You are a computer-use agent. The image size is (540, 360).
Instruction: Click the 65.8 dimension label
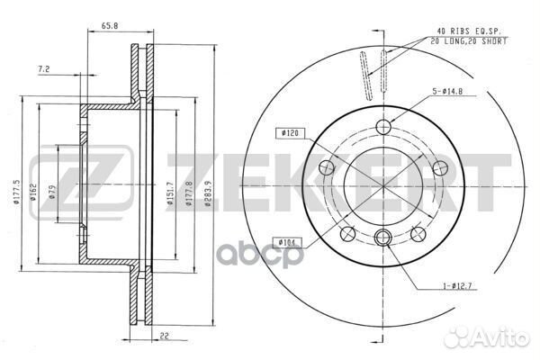point(110,25)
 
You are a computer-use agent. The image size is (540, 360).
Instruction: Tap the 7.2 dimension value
point(44,69)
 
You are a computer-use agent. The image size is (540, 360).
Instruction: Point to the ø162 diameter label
point(33,193)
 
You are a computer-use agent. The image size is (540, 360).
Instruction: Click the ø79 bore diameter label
point(52,193)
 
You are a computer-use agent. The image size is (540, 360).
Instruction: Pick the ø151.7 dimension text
point(170,193)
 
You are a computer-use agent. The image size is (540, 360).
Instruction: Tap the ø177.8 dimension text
point(188,193)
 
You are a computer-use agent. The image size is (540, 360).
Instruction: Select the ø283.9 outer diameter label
point(207,193)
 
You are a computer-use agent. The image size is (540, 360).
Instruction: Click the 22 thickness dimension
point(165,336)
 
